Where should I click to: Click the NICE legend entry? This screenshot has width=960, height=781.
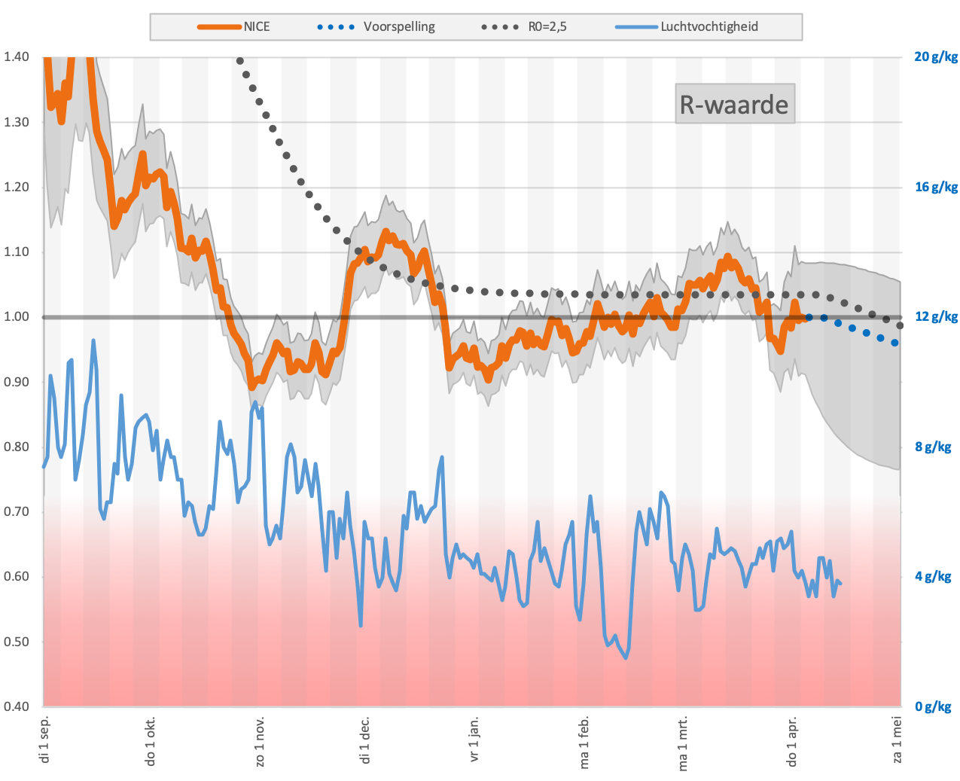(x=234, y=26)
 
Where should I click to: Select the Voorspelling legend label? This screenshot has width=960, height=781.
(x=399, y=26)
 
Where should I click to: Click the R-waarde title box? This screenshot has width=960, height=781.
(x=735, y=104)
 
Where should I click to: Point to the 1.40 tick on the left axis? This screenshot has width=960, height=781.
(x=17, y=56)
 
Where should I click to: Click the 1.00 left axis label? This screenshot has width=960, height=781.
(x=17, y=317)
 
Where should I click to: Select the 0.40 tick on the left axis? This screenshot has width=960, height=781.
(x=17, y=706)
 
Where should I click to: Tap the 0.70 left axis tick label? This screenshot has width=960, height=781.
(x=17, y=511)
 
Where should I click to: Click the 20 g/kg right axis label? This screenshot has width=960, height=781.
(x=936, y=56)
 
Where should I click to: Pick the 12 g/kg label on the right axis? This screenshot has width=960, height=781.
(x=936, y=317)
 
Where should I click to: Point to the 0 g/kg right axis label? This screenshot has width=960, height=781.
(x=933, y=706)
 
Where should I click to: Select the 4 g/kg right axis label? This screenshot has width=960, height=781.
(x=933, y=576)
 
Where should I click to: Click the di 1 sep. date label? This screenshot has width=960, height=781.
(x=44, y=740)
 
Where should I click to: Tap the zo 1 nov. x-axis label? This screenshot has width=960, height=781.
(x=260, y=741)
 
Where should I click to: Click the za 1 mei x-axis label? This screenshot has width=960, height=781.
(x=897, y=740)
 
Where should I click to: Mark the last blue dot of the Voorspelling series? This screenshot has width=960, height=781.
(x=895, y=343)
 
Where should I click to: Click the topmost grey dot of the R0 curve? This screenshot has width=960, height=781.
(x=240, y=61)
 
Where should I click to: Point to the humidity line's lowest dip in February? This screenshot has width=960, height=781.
(x=626, y=658)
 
